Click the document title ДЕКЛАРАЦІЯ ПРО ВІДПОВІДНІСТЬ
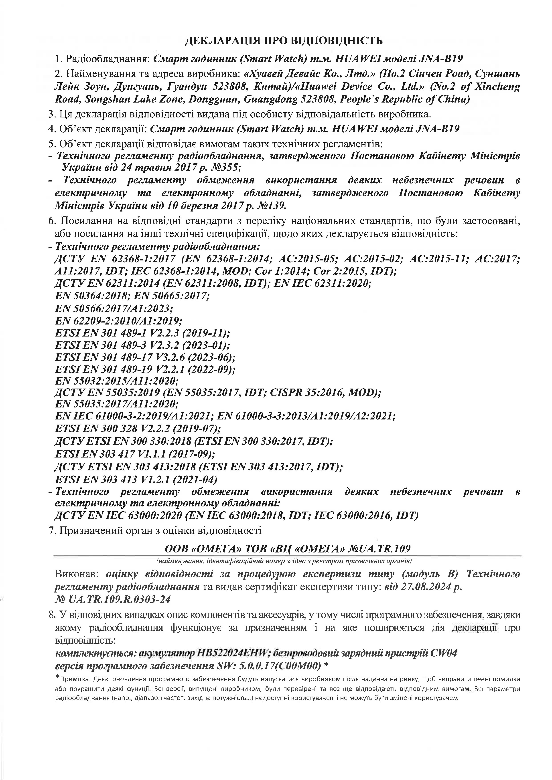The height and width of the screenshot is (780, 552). pyautogui.click(x=284, y=41)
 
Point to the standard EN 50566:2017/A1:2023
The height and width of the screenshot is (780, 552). pyautogui.click(x=114, y=308)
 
